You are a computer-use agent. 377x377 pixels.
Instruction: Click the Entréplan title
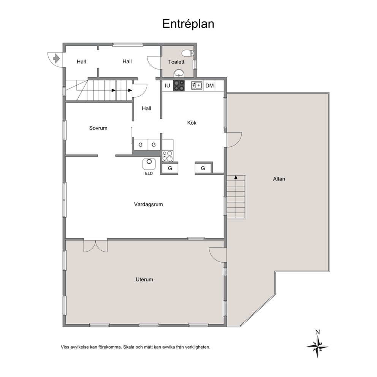188,24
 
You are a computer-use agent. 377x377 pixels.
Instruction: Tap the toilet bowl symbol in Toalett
188,53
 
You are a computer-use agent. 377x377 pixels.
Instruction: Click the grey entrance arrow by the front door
56,59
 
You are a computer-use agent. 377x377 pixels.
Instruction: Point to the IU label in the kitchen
167,86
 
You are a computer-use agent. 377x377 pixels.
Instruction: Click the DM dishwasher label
210,86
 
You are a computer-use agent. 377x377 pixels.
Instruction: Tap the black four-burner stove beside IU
179,86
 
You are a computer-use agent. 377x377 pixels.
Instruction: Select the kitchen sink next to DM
197,86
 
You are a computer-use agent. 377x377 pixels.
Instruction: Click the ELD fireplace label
149,173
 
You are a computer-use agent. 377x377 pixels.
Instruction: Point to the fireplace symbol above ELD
149,164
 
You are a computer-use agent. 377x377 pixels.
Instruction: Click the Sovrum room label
98,128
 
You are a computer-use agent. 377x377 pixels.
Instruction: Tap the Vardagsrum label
148,204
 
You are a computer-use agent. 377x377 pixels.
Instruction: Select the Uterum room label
144,279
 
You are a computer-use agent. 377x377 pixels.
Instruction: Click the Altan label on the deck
279,179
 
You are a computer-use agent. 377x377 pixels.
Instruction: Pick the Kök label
192,123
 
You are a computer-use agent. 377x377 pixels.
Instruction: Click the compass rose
318,347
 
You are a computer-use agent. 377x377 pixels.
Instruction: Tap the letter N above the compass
318,332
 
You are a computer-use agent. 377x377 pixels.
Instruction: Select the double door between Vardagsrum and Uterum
95,246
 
